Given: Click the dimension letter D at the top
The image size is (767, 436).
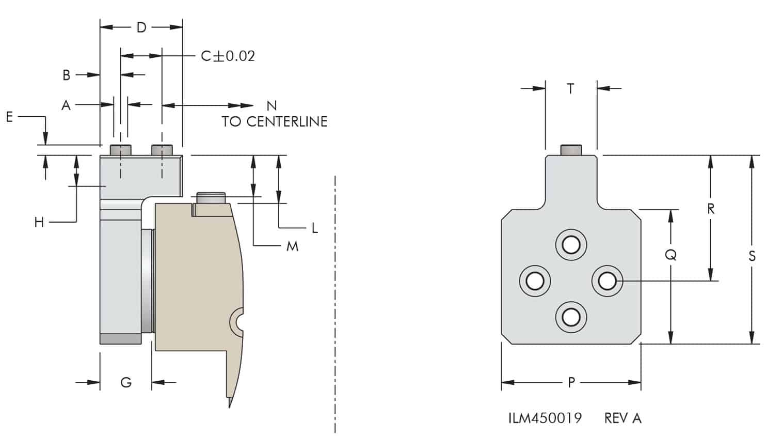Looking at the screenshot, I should pos(141,27).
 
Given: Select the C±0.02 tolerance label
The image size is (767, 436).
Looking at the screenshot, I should pos(228,56).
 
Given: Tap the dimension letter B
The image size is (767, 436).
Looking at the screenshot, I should pos(66,75).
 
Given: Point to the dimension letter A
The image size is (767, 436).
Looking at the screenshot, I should pos(66,105).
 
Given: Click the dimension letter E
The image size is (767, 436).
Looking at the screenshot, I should pos(9,117).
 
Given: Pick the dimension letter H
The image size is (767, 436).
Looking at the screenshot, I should pos(39,223).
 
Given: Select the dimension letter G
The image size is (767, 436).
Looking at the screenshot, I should pos(126,382).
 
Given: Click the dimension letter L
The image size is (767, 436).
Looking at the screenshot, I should pos(314,228).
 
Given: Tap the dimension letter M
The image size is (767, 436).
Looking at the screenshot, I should pos(292,246).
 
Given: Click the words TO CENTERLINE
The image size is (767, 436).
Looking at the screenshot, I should pos(274,122).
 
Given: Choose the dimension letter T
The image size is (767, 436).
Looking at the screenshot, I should pos(570,89).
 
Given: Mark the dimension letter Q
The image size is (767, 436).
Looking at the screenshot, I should pos(670,255).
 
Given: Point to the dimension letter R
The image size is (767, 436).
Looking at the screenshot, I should pos(711,209).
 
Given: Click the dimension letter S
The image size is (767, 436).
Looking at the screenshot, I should pos(752,256).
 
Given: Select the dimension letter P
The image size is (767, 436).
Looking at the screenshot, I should pos(571,382).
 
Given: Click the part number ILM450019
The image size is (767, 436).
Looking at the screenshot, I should pos(545,418).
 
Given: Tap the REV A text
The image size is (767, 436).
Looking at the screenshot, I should pos(622,418).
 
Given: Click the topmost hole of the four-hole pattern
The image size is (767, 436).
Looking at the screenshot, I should pos(571,244).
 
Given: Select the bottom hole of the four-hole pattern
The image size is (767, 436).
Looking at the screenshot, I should pos(571,316).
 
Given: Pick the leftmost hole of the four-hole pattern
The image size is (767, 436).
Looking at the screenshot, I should pos(535,281).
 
